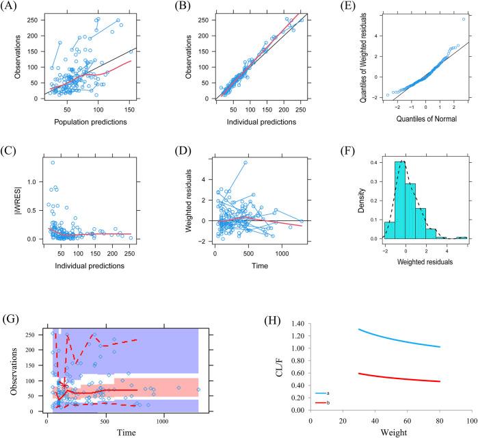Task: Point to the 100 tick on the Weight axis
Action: (471, 420)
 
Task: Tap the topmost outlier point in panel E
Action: (464, 19)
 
